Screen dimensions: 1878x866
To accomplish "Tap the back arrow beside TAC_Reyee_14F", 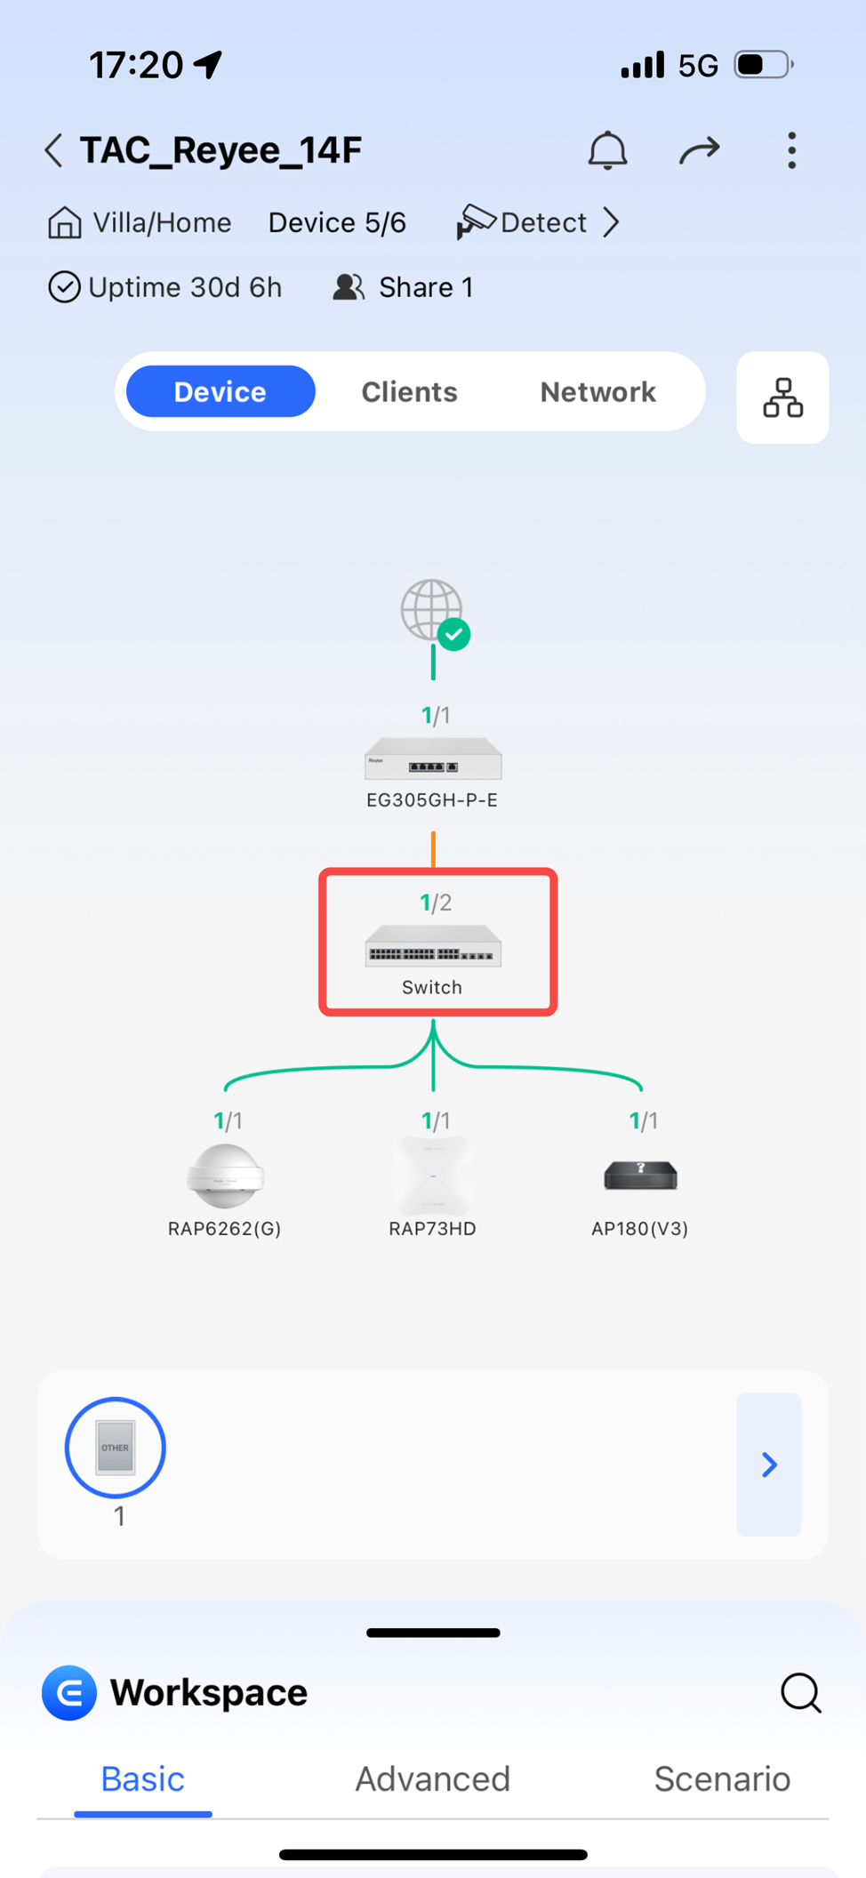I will point(54,150).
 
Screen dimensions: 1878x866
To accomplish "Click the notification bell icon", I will point(607,150).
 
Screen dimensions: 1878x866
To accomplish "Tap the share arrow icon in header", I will point(699,150).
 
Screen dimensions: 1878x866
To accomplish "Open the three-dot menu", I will point(791,150).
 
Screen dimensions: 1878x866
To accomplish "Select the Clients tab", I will point(409,392).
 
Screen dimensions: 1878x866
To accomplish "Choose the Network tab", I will point(597,392).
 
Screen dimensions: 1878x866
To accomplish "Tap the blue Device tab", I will point(221,392).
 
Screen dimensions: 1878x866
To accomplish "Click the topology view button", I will point(782,397).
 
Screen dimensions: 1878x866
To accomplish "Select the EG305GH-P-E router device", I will point(433,760).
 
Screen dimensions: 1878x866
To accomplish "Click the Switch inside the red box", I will point(433,947).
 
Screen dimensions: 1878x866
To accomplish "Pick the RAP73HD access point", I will point(433,1176).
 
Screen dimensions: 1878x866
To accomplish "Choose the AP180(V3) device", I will point(640,1176).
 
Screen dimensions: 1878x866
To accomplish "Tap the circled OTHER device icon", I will point(116,1448).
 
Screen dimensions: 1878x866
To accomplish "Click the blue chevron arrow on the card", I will point(769,1465).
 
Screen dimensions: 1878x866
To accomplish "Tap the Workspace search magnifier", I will point(800,1692).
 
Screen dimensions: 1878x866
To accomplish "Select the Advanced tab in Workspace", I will point(433,1779).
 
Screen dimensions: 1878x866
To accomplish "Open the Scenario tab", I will point(722,1779).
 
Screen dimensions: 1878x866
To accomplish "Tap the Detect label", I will point(542,222).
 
